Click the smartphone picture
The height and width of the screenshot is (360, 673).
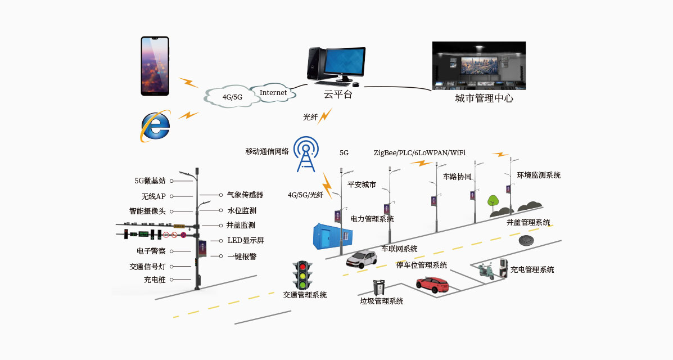point(155,66)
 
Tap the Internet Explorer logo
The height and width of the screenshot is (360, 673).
point(155,127)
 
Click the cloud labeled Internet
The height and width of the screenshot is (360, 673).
point(273,92)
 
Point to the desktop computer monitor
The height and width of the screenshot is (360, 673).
point(344,63)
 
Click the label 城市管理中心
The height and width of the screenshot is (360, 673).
point(484,99)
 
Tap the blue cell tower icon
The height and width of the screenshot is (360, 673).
point(305,154)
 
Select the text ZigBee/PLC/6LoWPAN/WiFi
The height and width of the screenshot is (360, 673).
point(419,152)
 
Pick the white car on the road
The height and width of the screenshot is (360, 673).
point(362,258)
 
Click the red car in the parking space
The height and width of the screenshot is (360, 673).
point(432,285)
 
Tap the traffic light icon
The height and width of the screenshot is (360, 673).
point(303,274)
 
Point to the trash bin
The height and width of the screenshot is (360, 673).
point(379,288)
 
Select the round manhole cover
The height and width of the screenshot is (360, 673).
point(529,240)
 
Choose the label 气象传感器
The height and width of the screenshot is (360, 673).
point(245,195)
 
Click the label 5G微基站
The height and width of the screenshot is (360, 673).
point(150,181)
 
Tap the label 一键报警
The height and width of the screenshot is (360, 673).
point(242,256)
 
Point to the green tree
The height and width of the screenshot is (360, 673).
point(494,201)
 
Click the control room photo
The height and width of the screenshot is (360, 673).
point(478,66)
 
